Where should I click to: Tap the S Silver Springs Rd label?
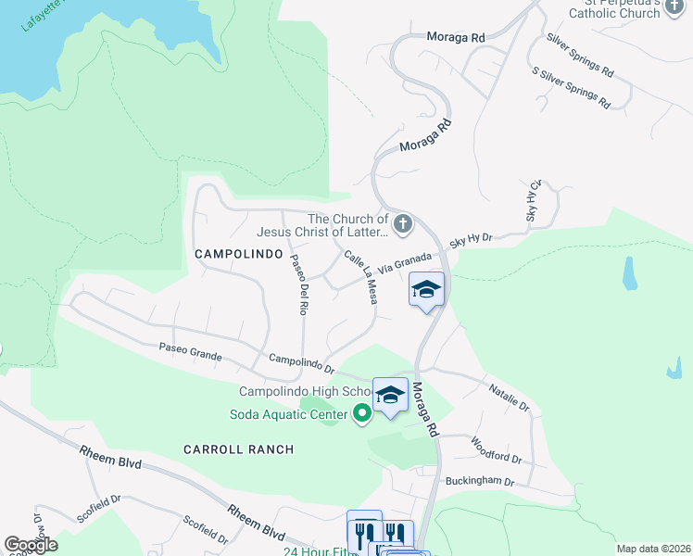tap(571, 87)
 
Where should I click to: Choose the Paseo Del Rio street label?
tap(297, 284)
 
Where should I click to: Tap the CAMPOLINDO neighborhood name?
tap(237, 253)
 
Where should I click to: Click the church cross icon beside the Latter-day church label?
tap(402, 223)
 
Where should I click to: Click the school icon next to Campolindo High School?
tap(390, 396)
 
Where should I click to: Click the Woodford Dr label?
tap(497, 450)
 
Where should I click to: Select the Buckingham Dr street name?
tap(479, 481)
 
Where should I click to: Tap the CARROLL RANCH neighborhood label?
tap(238, 449)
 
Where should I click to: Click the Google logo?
tap(31, 545)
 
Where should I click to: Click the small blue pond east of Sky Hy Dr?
tap(630, 272)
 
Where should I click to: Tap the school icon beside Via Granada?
tap(427, 290)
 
